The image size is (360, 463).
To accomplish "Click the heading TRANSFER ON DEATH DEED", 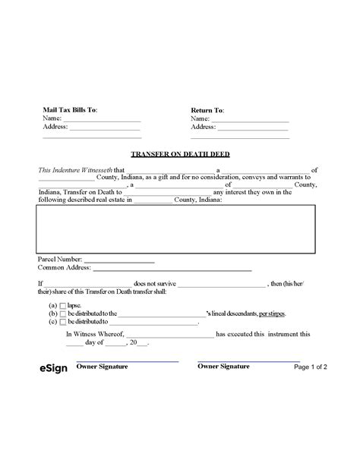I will coord(180,154).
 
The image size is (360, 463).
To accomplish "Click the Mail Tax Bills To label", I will coord(70,110).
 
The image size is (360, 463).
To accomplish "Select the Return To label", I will coord(207,110).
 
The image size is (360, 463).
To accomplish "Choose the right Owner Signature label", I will coord(223,367).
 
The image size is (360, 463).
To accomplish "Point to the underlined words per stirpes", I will coord(272,313).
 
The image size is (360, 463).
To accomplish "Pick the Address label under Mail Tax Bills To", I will coord(55,127).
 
